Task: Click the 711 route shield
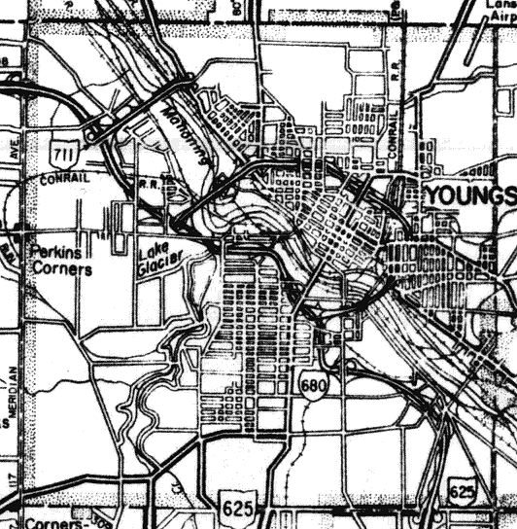coord(63,151)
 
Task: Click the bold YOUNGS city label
coord(469,195)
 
